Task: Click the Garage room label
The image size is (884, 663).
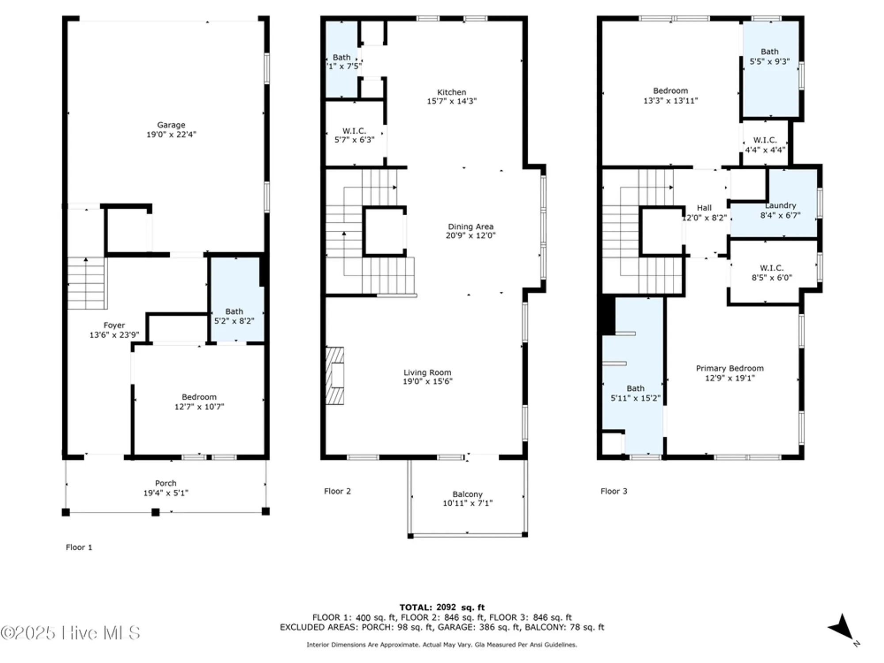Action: (x=171, y=125)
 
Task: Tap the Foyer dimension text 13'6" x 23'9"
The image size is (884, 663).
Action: (x=114, y=335)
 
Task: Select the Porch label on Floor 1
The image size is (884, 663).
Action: (x=166, y=483)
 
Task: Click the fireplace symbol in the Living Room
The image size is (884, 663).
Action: (x=335, y=376)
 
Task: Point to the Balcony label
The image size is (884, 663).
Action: (x=467, y=494)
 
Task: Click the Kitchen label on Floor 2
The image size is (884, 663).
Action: (x=451, y=92)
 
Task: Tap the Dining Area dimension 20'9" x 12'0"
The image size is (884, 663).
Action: (x=470, y=236)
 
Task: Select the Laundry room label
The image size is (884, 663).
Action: (x=781, y=206)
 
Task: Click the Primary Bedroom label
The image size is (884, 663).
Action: (x=730, y=368)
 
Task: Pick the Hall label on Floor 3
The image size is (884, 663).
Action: (x=704, y=208)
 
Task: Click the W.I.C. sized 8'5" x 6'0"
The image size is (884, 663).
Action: (x=772, y=273)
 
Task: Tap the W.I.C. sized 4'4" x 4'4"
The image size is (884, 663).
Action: (x=765, y=145)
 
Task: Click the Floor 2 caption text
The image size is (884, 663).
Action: (x=337, y=491)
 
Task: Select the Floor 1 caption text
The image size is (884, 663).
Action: (x=79, y=547)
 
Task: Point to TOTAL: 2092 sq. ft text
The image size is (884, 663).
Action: (x=442, y=607)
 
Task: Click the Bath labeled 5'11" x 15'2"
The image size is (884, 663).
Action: (x=635, y=393)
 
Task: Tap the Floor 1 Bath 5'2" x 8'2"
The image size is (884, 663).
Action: (x=234, y=316)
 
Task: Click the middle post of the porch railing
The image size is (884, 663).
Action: (x=156, y=512)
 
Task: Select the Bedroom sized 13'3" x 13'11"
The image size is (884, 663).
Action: (x=671, y=95)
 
